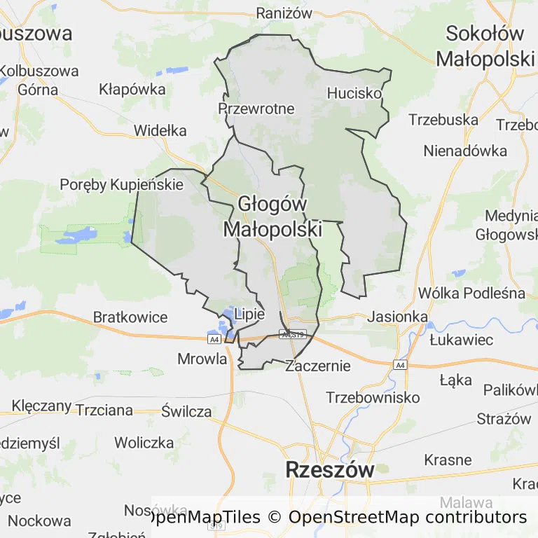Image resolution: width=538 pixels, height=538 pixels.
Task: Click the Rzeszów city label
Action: point(329,469)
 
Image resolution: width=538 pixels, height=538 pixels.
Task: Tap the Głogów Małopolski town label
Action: point(273,216)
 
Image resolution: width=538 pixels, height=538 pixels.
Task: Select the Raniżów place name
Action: point(283,13)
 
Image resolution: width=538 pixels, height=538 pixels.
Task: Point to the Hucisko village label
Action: point(354,92)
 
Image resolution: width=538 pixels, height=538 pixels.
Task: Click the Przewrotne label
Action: point(256,109)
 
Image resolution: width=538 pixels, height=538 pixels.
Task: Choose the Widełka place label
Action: point(160,130)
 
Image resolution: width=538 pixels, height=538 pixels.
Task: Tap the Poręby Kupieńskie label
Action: point(122,184)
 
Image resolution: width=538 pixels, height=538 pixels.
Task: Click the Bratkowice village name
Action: point(130,317)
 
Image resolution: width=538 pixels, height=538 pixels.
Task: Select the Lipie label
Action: point(250,314)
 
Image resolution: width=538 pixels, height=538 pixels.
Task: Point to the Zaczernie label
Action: point(318,365)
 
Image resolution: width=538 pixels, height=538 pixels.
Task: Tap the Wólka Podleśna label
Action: point(471,293)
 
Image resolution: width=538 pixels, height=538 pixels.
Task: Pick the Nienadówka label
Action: point(464,151)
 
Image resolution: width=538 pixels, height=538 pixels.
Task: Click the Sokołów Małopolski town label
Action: point(485,46)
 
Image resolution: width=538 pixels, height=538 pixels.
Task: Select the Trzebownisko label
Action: point(373,397)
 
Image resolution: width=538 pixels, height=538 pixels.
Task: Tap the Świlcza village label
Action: point(186,411)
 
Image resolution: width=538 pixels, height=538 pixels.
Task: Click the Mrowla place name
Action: point(202,359)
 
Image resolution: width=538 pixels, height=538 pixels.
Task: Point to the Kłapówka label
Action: point(132,89)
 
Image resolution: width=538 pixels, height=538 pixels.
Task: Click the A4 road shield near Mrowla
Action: point(214,339)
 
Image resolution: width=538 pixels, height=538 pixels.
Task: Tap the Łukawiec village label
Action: point(461,340)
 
